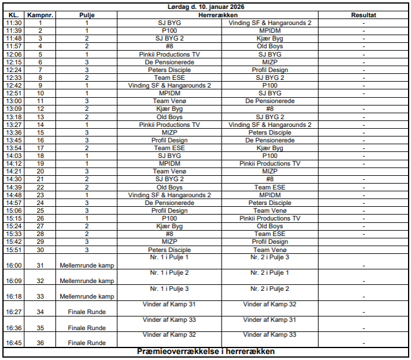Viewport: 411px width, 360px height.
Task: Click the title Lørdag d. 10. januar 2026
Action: (205, 6)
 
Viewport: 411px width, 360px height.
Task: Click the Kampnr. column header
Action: (40, 14)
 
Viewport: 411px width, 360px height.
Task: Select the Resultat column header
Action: (363, 14)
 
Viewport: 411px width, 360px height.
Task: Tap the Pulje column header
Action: (87, 14)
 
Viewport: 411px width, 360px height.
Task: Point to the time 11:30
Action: (14, 23)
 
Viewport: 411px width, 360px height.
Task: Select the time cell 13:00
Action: (14, 101)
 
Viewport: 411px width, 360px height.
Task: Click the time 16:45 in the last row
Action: (14, 343)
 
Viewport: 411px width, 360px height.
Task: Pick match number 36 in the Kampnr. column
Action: (40, 343)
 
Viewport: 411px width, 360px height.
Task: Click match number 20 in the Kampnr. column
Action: (40, 171)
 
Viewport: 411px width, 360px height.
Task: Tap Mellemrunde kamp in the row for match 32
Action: (87, 281)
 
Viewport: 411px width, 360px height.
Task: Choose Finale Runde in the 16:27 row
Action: (87, 312)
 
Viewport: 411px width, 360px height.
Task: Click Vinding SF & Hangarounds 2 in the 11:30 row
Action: (270, 23)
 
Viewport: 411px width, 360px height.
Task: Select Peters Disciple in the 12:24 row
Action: (169, 70)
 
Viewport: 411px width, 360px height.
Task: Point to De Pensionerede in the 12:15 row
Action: (169, 62)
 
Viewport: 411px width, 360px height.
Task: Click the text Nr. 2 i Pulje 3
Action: (270, 257)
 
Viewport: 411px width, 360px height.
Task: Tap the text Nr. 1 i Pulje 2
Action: (169, 273)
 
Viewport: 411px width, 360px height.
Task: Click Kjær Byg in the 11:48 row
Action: (270, 38)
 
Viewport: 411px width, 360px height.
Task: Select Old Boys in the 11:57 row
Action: (270, 46)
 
